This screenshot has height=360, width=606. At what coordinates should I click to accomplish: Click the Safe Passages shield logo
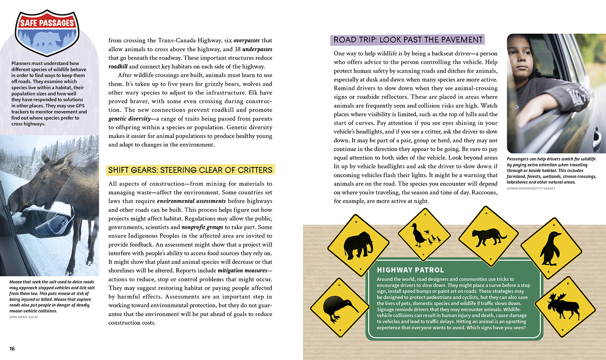47,32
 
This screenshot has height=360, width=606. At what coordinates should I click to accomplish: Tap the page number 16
12,349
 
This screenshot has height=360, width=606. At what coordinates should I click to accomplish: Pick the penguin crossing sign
550,248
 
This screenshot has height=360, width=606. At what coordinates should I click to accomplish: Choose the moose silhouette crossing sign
565,306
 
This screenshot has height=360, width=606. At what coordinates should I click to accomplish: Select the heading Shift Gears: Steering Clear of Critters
190,170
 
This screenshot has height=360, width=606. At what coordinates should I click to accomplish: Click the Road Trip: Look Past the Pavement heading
408,40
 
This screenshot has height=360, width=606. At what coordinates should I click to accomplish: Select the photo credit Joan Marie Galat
24,317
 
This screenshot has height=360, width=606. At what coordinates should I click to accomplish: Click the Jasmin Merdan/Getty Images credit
531,188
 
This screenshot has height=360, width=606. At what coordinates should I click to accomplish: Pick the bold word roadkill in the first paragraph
118,67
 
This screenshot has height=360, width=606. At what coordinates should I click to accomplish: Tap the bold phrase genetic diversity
130,119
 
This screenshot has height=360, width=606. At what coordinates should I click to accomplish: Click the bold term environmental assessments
191,201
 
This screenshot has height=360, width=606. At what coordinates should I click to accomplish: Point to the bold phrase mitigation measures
242,271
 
